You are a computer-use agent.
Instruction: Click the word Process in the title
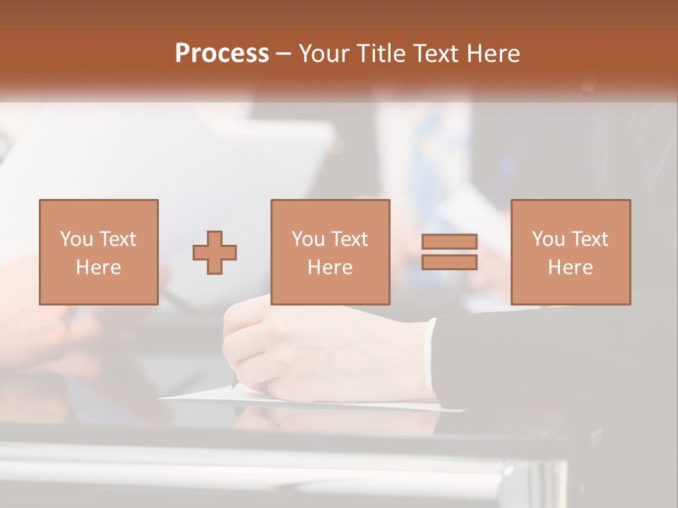[x=222, y=54]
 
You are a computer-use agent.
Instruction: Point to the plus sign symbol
[x=215, y=253]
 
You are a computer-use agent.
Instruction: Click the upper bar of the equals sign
[x=449, y=241]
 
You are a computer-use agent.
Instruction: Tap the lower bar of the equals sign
[x=449, y=262]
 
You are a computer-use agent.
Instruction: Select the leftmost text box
[x=98, y=252]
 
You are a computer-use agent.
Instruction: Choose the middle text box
[x=330, y=252]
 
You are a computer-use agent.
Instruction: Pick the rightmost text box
[x=570, y=252]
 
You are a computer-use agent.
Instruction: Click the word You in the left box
[x=76, y=239]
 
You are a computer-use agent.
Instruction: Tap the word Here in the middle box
[x=330, y=267]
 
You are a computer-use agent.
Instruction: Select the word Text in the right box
[x=589, y=239]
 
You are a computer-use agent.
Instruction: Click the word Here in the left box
[x=98, y=267]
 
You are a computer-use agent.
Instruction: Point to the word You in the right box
[x=549, y=239]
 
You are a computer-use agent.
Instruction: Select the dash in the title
[x=284, y=54]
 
